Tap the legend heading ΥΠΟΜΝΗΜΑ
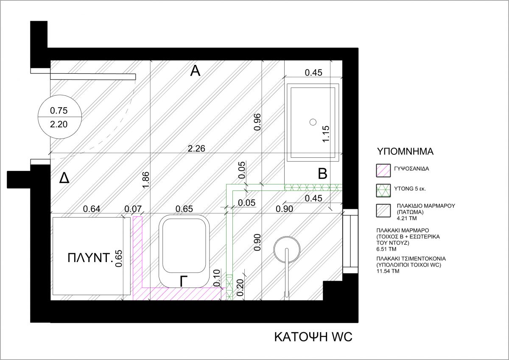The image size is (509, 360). [406, 151]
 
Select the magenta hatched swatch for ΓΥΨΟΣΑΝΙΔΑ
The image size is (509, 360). [383, 170]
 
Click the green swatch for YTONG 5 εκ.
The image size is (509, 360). [383, 190]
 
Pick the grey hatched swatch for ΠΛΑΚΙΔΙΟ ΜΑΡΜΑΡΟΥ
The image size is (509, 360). [383, 211]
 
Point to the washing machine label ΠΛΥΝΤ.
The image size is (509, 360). [90, 258]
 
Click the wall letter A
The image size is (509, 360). [195, 71]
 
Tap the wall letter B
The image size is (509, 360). [322, 174]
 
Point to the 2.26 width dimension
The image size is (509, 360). [196, 148]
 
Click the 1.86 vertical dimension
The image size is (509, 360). [145, 180]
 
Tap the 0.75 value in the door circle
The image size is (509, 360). [59, 111]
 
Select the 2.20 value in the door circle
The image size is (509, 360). [59, 124]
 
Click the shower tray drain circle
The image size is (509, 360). [313, 122]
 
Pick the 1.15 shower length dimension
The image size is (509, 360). [326, 134]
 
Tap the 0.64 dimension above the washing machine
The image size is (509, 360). [92, 209]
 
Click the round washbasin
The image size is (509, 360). [287, 251]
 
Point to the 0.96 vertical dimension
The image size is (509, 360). [257, 122]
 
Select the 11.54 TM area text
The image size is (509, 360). [388, 271]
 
